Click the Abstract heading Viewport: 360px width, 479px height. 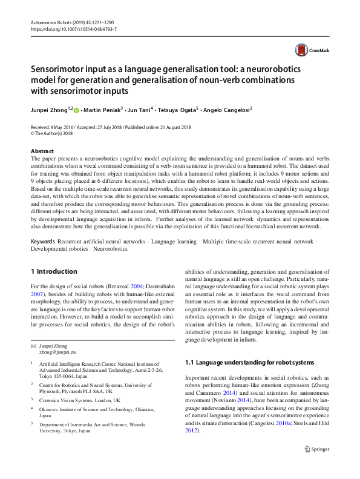(42, 151)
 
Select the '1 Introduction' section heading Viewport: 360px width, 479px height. (54, 271)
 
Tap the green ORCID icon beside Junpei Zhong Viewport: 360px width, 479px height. (76, 110)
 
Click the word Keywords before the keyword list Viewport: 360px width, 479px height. (44, 241)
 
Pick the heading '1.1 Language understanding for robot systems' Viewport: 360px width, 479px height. (249, 362)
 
